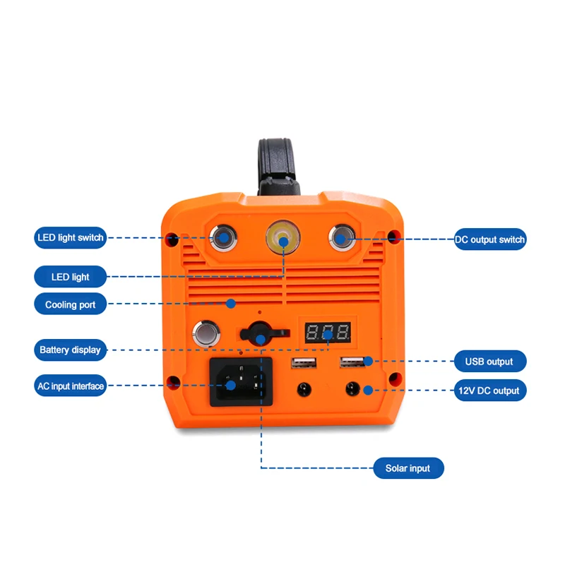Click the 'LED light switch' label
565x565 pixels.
point(71,238)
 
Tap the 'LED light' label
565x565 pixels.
point(71,277)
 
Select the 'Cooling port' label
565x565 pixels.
point(71,305)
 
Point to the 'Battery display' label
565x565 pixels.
point(71,350)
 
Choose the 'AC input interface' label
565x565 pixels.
point(71,386)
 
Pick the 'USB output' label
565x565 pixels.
point(489,362)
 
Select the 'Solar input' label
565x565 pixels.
point(408,468)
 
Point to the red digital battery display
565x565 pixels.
point(326,332)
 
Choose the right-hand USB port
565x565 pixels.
point(352,362)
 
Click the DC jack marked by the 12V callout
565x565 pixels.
point(352,389)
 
